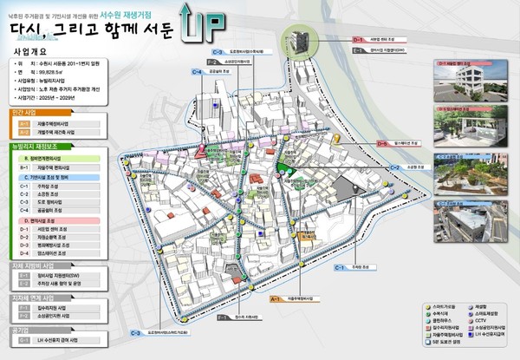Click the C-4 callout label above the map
pos(198,72)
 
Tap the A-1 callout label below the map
pos(276,298)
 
